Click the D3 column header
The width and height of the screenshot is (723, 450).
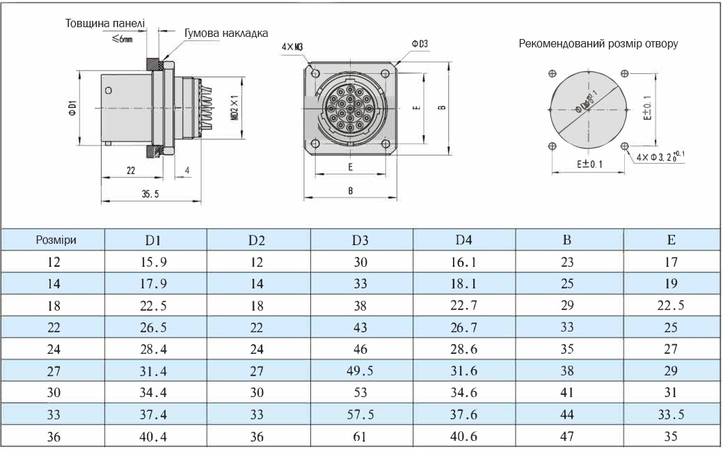pos(360,240)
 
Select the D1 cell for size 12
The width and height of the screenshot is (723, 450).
pos(153,262)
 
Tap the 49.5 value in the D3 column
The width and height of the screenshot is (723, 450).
pos(360,371)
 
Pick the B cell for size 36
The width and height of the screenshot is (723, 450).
pos(567,436)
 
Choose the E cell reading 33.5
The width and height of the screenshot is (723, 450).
pos(671,414)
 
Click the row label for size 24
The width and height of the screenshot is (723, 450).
pos(54,349)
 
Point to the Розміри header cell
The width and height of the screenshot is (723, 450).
pos(56,240)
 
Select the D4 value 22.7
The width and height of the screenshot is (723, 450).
pos(464,306)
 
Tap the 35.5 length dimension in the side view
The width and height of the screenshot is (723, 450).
pos(150,194)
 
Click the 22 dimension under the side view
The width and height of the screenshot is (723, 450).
pos(131,171)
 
